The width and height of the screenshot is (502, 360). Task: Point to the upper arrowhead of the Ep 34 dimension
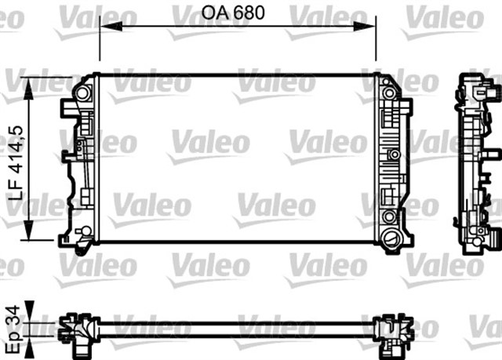tap(30, 308)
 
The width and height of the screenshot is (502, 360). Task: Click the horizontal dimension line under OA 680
tap(235, 27)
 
